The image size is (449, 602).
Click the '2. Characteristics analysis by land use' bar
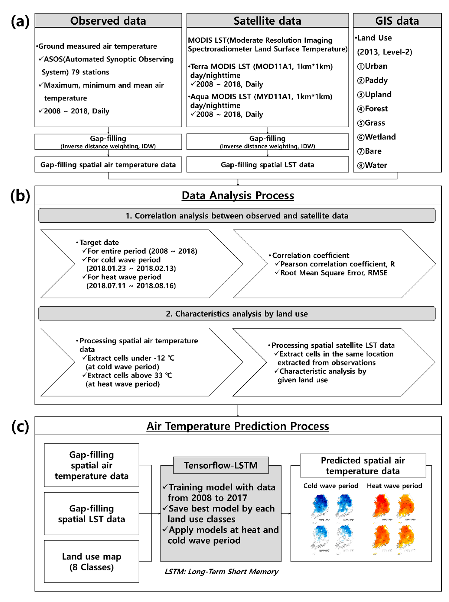point(237,314)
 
